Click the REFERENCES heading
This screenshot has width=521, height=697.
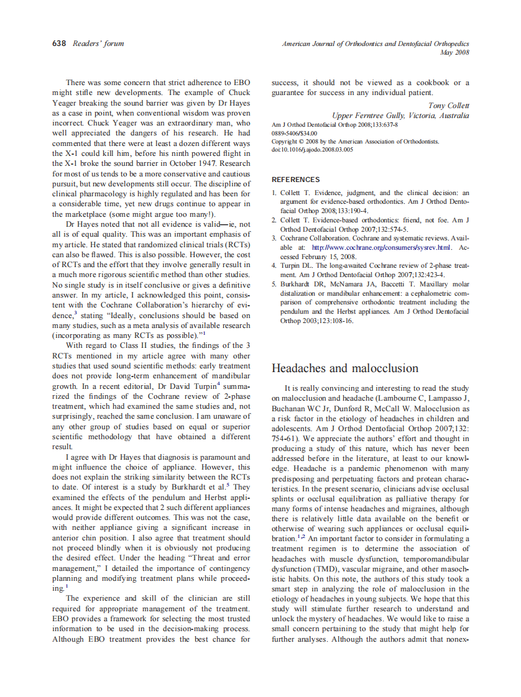click(x=296, y=180)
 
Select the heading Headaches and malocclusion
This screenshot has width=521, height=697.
click(x=345, y=368)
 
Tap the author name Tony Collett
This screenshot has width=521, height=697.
click(x=448, y=106)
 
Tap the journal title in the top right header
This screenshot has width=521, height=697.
click(x=376, y=43)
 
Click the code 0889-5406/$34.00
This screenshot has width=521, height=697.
click(x=294, y=133)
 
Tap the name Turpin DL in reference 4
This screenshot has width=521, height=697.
click(x=297, y=265)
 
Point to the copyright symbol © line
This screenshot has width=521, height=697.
click(x=355, y=142)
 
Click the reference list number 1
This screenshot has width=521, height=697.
click(x=274, y=193)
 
